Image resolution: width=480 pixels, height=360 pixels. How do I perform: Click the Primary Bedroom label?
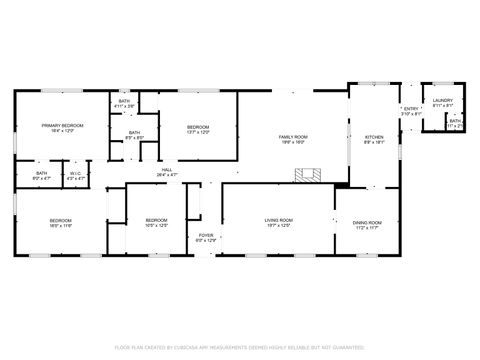61,126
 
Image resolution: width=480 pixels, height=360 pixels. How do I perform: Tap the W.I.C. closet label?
75,174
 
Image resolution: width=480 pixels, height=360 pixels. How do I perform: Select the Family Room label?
292,136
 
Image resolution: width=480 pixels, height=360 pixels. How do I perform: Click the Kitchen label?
374,136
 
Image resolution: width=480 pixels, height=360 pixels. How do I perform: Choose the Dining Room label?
369,222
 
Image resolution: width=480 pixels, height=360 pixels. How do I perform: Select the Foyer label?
205,236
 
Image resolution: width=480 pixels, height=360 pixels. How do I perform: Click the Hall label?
167,170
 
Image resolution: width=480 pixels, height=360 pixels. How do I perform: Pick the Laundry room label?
442,101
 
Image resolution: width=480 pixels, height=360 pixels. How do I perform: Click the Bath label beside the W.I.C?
42,174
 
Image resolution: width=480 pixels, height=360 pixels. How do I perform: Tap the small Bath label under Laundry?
455,122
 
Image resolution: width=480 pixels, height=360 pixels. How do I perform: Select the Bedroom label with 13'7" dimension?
197,127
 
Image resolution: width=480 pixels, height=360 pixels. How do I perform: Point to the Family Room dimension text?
292,142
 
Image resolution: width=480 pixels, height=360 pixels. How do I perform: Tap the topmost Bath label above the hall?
124,101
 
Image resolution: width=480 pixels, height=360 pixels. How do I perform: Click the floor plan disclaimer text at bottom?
239,346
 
